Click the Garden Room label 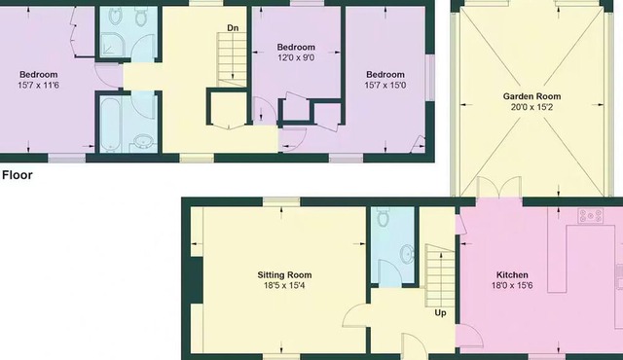(x=531, y=96)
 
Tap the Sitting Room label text (x=284, y=275)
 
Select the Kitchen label (x=512, y=275)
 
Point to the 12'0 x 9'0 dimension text (x=296, y=58)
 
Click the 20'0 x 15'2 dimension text (x=531, y=107)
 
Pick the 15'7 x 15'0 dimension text (x=385, y=86)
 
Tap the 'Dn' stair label (x=233, y=28)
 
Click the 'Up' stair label (x=440, y=312)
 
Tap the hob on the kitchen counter (x=591, y=216)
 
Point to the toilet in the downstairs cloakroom (x=383, y=217)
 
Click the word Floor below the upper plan (x=18, y=175)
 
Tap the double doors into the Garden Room (x=499, y=188)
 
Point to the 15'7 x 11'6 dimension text (x=39, y=86)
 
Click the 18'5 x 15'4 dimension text (x=284, y=286)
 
